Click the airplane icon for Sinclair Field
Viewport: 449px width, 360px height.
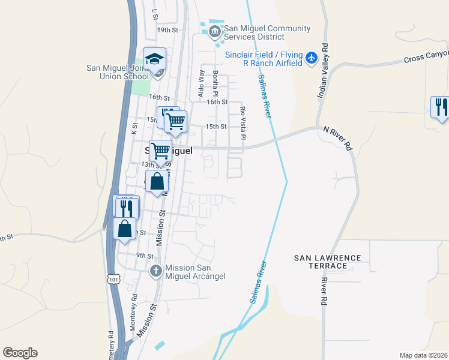click(311, 58)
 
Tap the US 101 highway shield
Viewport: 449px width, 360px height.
click(113, 278)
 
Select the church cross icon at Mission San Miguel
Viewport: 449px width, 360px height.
click(156, 271)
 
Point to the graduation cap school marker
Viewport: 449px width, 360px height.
click(154, 59)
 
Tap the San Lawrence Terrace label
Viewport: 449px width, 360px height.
click(328, 262)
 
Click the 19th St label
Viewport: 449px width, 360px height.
click(168, 29)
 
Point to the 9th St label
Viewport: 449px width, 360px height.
click(145, 255)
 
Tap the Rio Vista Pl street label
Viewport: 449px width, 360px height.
click(243, 124)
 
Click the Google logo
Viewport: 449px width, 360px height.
click(20, 353)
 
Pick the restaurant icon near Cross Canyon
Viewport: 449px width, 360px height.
click(441, 107)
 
